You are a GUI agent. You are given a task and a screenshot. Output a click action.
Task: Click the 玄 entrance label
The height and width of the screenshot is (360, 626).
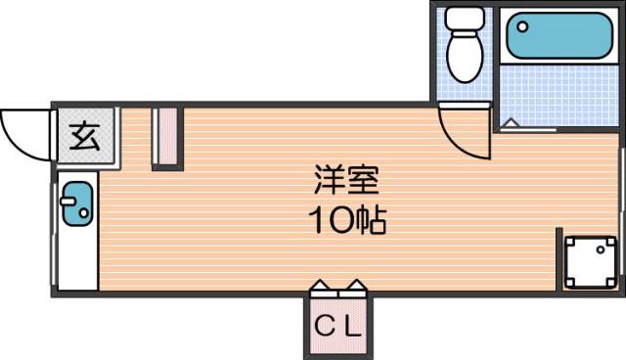(x=85, y=136)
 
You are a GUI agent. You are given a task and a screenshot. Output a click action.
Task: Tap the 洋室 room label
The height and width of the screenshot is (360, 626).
(x=346, y=180)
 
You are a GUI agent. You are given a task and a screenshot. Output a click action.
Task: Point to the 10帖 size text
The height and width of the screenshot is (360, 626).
(x=347, y=220)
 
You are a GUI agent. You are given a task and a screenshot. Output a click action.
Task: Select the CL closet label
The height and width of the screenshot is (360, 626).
(x=337, y=326)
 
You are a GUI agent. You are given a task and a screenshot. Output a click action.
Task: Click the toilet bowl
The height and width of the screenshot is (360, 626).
(x=465, y=57)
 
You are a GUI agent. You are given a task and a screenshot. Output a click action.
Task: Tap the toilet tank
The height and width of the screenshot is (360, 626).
(x=465, y=19)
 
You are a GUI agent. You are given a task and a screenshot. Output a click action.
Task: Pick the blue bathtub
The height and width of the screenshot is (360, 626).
(x=559, y=35)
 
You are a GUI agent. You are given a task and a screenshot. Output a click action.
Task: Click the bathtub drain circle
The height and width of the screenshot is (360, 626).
(x=522, y=27)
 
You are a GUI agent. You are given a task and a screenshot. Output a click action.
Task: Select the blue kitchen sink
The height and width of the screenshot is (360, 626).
(x=78, y=203)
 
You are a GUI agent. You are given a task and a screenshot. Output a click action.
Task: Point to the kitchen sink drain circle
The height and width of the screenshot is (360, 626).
(x=84, y=213)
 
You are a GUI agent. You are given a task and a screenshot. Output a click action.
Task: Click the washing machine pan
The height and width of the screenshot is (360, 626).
(x=591, y=262)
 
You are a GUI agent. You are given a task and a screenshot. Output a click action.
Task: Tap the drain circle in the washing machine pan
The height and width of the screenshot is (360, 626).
(x=601, y=250)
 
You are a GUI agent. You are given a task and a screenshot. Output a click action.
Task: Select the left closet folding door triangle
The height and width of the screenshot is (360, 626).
(x=320, y=285)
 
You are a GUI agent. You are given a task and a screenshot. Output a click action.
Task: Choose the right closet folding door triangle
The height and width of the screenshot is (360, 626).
(x=356, y=285)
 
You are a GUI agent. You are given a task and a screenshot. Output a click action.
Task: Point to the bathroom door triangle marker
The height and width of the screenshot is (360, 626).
(x=511, y=123)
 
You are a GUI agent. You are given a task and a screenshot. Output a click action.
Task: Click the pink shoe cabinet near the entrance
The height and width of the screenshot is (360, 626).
(x=167, y=136)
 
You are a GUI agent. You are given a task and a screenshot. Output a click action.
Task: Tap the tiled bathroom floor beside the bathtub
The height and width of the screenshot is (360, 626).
(x=559, y=95)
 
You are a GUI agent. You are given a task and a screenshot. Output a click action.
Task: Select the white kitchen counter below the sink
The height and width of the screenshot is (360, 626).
(x=78, y=258)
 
